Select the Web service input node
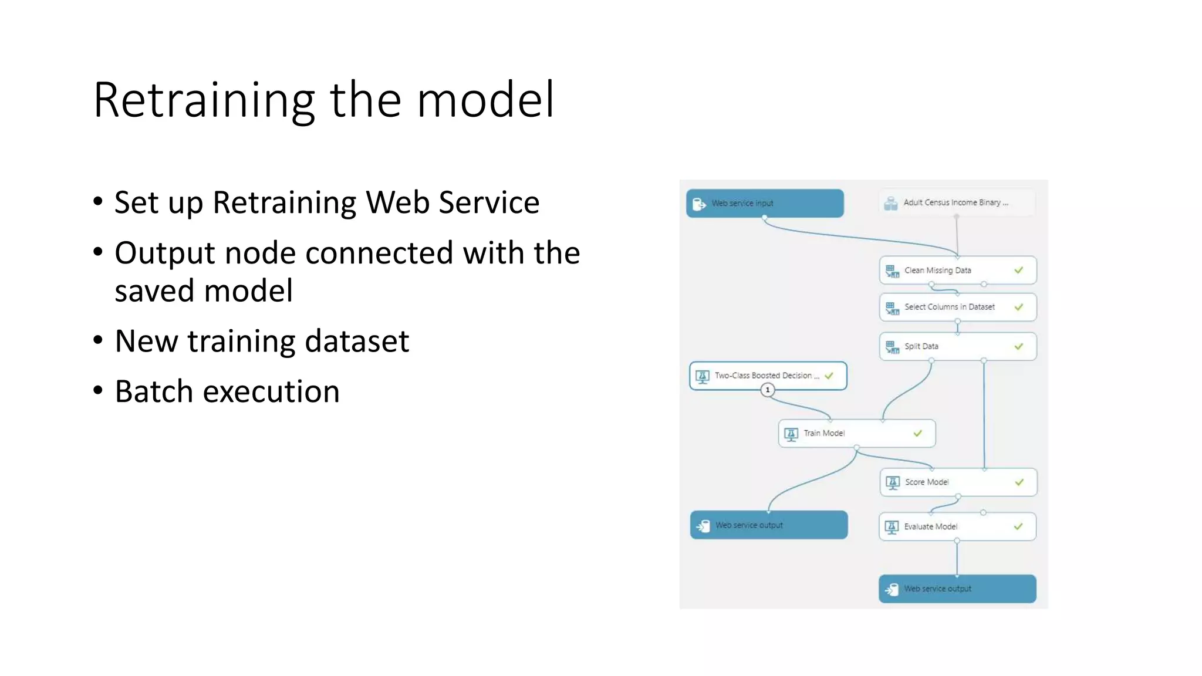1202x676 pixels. (x=764, y=203)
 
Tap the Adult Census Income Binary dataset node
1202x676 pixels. (x=957, y=202)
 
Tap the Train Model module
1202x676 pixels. (x=856, y=434)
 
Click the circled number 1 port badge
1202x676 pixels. (x=767, y=390)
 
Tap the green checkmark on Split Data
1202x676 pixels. (x=1018, y=346)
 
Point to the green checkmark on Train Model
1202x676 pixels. (x=917, y=434)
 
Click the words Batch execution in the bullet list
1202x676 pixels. (x=227, y=391)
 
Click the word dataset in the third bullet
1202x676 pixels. (x=357, y=341)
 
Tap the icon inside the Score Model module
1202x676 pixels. (x=893, y=482)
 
